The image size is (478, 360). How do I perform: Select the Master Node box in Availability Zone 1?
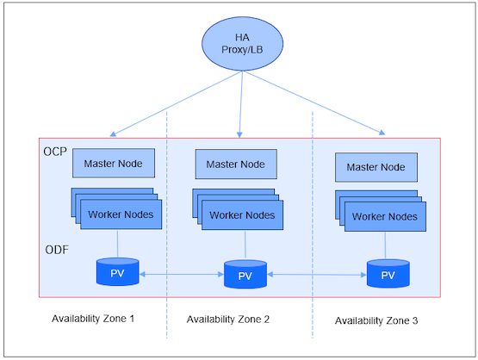point(113,162)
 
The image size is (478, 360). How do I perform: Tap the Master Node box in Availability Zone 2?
point(236,164)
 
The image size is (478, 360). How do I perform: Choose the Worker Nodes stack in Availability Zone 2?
point(241,214)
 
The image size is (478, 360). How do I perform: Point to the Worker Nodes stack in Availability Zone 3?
point(383,215)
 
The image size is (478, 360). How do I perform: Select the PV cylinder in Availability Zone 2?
point(245,275)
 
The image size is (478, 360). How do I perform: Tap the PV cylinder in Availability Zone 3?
point(387,274)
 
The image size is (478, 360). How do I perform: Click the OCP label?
point(54,152)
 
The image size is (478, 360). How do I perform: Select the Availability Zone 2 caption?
point(228,320)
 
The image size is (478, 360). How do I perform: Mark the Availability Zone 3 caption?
point(376,320)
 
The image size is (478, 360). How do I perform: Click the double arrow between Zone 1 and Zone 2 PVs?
point(182,275)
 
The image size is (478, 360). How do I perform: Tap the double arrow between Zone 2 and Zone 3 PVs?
point(315,275)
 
